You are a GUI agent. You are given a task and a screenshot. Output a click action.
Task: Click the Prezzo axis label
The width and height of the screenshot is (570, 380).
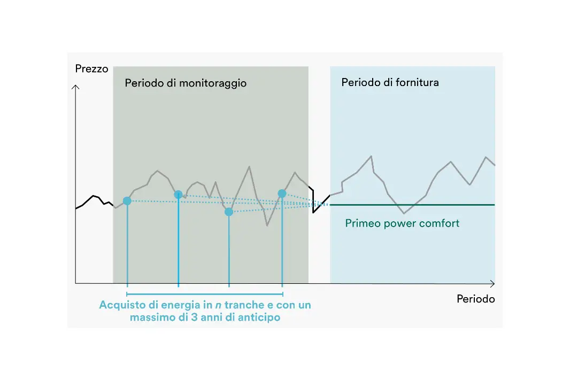coord(92,69)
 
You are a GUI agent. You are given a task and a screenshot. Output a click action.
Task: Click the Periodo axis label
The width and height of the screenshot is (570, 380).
coord(475,299)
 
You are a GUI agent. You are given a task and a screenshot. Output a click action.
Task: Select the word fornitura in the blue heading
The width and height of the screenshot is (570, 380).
coord(419,83)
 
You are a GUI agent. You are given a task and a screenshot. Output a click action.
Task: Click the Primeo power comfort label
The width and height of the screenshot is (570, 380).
coord(402,223)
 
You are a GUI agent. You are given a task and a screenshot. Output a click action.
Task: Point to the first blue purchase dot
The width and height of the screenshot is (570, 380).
coord(127,201)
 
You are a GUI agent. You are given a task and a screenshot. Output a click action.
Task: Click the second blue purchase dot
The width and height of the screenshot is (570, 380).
coord(178,195)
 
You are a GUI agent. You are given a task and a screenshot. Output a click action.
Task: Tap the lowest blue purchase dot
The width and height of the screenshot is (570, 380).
coord(229,212)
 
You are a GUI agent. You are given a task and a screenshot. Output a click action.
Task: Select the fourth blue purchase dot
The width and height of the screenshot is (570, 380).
coord(282,193)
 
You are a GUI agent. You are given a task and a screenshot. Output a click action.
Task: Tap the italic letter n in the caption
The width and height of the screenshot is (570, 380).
coord(218,305)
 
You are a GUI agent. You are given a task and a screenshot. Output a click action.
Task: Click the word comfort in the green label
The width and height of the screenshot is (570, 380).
coord(440,223)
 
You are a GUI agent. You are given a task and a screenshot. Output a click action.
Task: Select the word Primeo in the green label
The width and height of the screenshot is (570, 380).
coord(363,223)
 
